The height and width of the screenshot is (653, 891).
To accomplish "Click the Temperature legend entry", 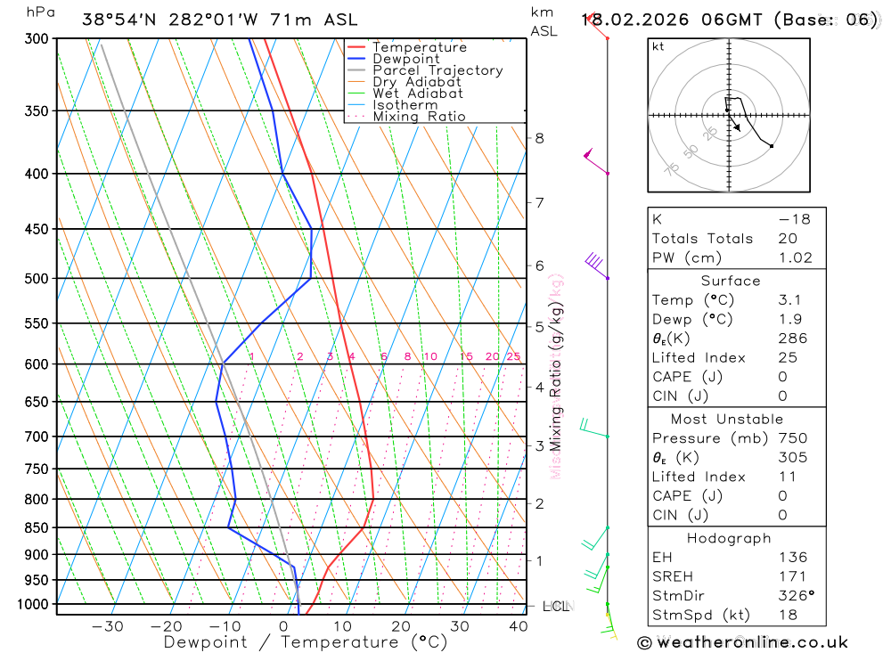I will [419, 47].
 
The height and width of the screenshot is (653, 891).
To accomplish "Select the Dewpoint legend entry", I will [405, 59].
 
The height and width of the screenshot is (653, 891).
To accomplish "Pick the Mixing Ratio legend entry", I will [419, 116].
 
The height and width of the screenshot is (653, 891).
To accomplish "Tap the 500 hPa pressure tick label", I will [37, 278].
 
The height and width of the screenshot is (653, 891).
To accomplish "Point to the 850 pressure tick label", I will [37, 527].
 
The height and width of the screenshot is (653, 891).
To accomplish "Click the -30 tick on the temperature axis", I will [108, 625].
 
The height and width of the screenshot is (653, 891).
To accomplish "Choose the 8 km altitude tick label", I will [539, 138].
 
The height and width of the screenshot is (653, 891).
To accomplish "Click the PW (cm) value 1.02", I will [795, 257].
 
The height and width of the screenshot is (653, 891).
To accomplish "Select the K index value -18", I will [794, 218].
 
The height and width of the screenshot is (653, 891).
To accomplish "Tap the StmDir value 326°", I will [796, 595].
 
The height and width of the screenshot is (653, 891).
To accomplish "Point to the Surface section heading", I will [731, 281].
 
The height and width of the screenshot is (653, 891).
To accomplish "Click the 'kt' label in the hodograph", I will [658, 46].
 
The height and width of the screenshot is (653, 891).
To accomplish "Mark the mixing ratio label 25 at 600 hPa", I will [513, 356].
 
